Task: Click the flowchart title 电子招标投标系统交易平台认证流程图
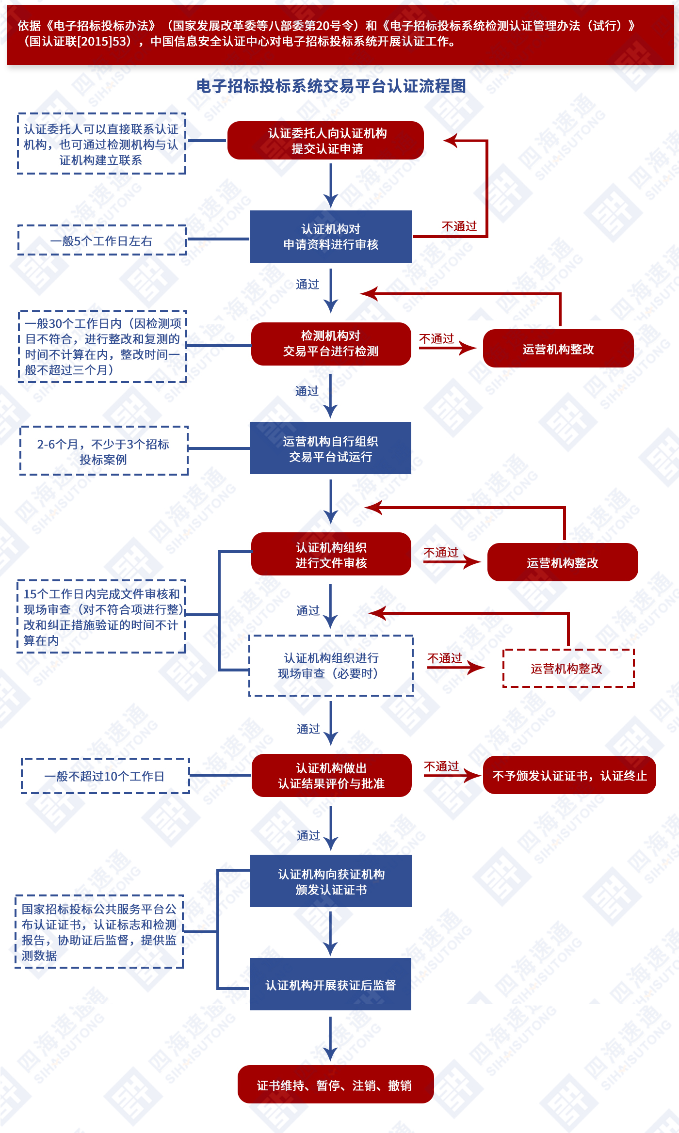[x=331, y=86]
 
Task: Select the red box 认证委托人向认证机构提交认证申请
[x=326, y=141]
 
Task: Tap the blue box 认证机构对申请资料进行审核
[x=331, y=237]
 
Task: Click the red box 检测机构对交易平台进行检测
[x=331, y=344]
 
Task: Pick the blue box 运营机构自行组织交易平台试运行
[x=330, y=448]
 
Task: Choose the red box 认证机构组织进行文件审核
[x=331, y=555]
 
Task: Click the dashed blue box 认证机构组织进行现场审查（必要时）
[x=331, y=666]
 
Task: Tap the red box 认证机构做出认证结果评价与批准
[x=331, y=776]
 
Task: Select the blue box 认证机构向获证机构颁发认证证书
[x=331, y=881]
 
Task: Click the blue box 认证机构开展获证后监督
[x=330, y=985]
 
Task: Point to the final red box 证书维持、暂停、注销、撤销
[x=335, y=1085]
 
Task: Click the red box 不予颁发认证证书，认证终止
[x=569, y=776]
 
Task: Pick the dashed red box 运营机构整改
[x=568, y=669]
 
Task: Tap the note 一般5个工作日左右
[x=102, y=240]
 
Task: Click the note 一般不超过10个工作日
[x=105, y=776]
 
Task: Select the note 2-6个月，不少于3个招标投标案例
[x=104, y=451]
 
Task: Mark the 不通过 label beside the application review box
[x=459, y=226]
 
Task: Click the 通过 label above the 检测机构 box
[x=307, y=285]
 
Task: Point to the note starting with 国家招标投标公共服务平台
[x=99, y=932]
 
